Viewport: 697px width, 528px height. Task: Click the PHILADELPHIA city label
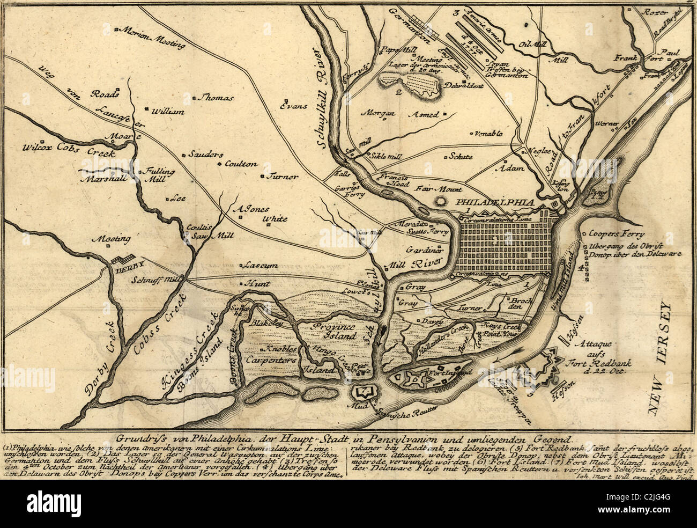pyautogui.click(x=495, y=202)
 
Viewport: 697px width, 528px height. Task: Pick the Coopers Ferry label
pyautogui.click(x=617, y=234)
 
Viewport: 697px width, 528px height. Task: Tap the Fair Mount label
pyautogui.click(x=439, y=189)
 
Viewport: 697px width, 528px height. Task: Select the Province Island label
pyautogui.click(x=334, y=331)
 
